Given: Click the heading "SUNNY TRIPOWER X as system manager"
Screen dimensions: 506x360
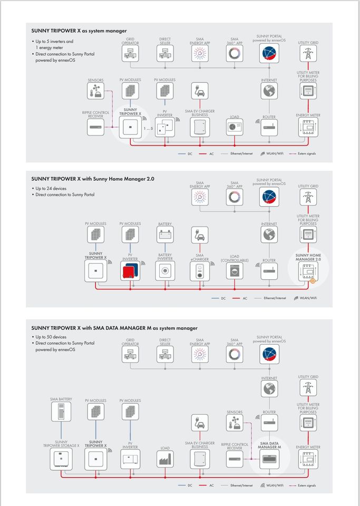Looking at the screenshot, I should (x=79, y=31).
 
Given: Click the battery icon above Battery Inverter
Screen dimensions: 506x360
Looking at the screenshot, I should (x=165, y=235).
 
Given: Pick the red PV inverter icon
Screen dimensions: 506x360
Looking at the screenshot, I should (x=130, y=271).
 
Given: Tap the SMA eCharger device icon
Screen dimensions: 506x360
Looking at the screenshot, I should (x=200, y=270).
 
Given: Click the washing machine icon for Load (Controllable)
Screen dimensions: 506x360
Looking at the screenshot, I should (x=235, y=271).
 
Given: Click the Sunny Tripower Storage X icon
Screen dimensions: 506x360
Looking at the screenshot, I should (x=61, y=459).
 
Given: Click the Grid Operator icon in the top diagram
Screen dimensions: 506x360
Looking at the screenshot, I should (x=130, y=52).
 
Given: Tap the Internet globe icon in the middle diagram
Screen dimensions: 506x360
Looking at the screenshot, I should (x=269, y=235).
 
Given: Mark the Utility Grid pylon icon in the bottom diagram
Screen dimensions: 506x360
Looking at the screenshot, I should (x=308, y=388).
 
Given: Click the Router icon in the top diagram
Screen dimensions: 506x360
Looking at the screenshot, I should (x=269, y=126).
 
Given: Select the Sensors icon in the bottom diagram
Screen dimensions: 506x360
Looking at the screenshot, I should (x=235, y=422).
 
